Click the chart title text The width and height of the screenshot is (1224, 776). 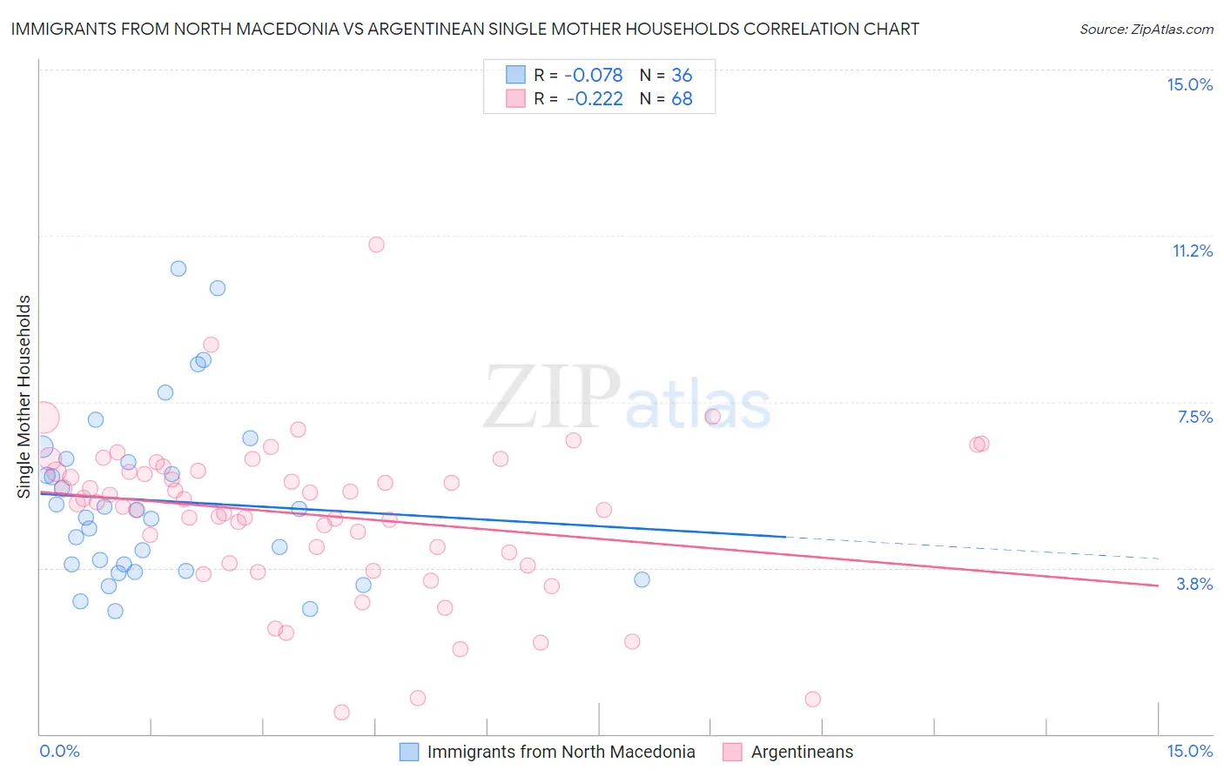(465, 29)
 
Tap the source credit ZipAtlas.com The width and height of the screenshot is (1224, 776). (1146, 29)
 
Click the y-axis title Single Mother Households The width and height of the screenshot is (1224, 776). (24, 397)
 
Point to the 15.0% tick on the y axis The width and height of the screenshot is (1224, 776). (1189, 84)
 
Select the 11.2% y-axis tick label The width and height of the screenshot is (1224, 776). (1192, 251)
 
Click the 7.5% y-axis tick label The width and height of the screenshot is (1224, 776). (1194, 417)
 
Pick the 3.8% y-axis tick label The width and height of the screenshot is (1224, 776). (1194, 584)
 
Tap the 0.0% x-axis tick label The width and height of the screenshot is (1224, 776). (59, 751)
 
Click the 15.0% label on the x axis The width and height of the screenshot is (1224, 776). (1189, 751)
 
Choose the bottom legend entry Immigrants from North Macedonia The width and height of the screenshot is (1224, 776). (561, 752)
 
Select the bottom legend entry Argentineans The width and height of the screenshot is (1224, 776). (802, 752)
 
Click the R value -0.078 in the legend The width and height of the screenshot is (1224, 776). (595, 76)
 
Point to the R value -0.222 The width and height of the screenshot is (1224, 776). (595, 99)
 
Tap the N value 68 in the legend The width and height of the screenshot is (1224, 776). (682, 99)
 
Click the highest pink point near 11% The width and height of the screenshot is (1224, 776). (376, 244)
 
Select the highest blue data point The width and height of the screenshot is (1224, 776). (178, 269)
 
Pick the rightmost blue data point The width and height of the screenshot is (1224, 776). (642, 579)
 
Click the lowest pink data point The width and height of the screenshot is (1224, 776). (341, 712)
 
